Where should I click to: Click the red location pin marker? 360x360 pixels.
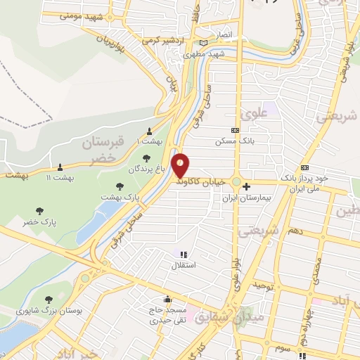(181, 165)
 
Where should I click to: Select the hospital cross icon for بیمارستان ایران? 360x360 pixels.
(246, 186)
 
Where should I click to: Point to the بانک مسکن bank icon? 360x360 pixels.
(235, 130)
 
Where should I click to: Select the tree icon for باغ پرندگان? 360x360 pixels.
(146, 157)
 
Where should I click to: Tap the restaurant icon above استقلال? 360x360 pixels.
(184, 255)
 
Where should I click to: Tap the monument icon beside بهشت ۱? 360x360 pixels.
(149, 131)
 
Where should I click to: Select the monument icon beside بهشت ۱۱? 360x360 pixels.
(59, 167)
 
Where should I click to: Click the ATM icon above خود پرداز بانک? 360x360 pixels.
(304, 167)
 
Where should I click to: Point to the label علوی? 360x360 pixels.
(251, 112)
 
